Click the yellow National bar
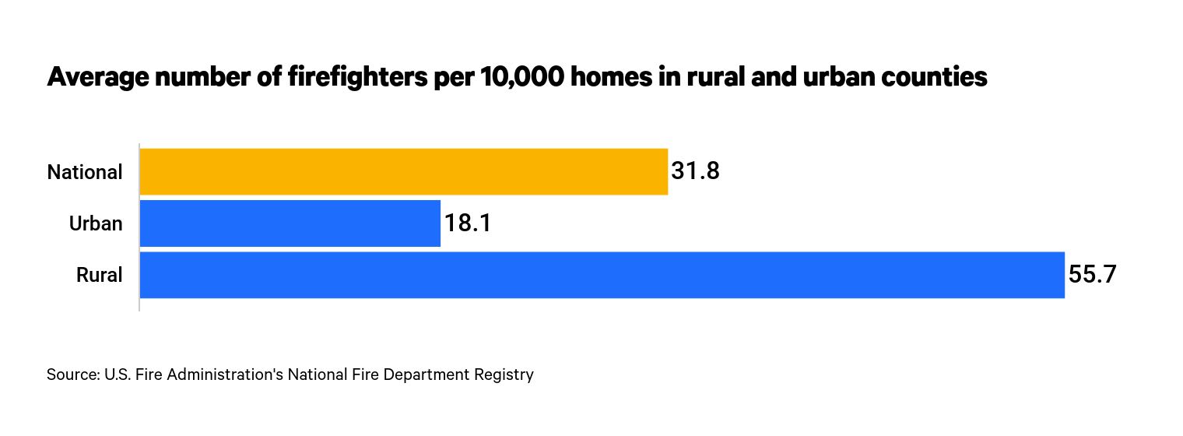point(403,171)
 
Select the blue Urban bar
point(290,223)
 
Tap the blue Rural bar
point(602,275)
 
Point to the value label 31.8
point(695,171)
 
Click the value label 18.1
point(467,223)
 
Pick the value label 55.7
point(1092,275)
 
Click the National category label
point(85,172)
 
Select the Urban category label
point(96,224)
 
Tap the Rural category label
point(100,276)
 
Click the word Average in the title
point(94,78)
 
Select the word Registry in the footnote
point(505,374)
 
